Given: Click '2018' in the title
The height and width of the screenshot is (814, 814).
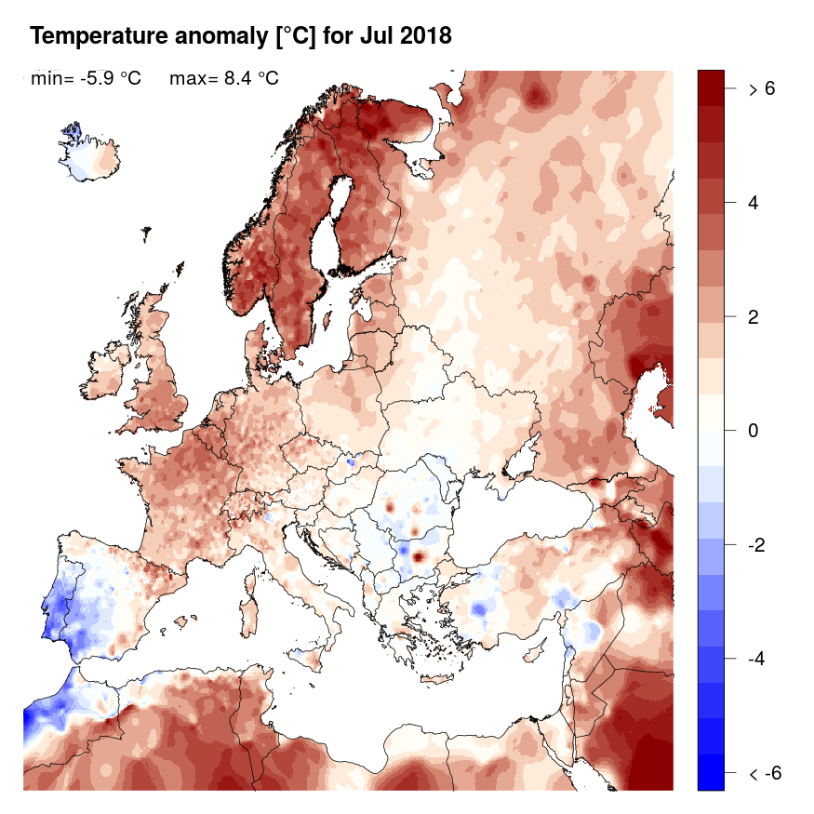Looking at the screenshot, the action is [421, 37].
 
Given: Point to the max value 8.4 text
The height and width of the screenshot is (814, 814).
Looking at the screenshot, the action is [245, 79].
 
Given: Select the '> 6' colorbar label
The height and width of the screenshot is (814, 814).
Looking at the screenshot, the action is [762, 89].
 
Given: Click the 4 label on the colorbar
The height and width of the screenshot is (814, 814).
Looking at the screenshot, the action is [754, 203].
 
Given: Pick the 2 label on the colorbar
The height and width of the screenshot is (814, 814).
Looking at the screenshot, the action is [754, 317].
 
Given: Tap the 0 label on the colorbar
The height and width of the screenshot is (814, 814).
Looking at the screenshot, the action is [754, 431].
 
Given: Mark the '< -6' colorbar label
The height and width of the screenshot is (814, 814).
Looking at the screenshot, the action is [762, 773].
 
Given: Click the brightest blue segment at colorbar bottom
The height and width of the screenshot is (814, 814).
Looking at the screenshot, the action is [710, 773].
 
